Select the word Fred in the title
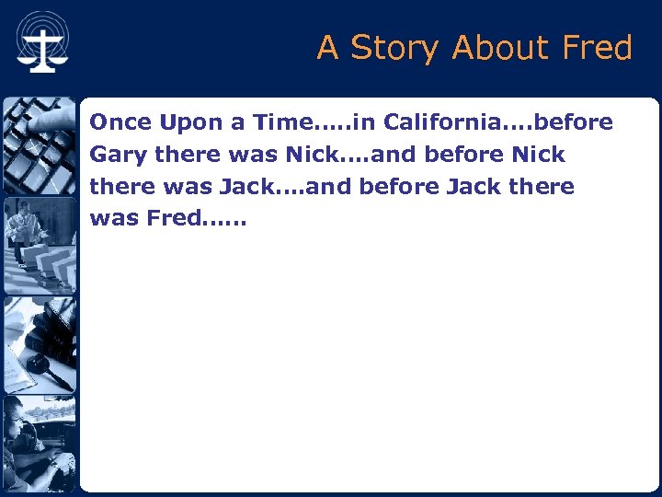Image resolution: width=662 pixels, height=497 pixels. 595,47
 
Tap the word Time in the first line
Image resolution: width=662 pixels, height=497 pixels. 282,122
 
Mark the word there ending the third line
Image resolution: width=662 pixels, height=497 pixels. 541,187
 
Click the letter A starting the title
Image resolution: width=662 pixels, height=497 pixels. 327,47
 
